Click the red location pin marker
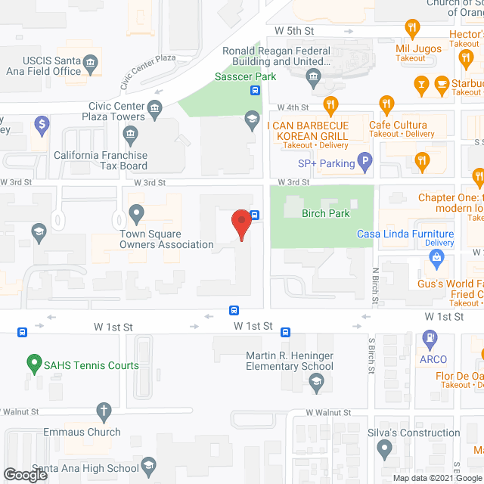tap(241, 225)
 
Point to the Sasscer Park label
tap(244, 76)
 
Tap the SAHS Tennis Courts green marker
tap(33, 364)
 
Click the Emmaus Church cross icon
tap(105, 412)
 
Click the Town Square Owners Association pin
tap(136, 215)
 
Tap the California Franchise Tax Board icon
tap(131, 136)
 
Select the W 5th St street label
tap(294, 30)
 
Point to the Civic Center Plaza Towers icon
tap(156, 107)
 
